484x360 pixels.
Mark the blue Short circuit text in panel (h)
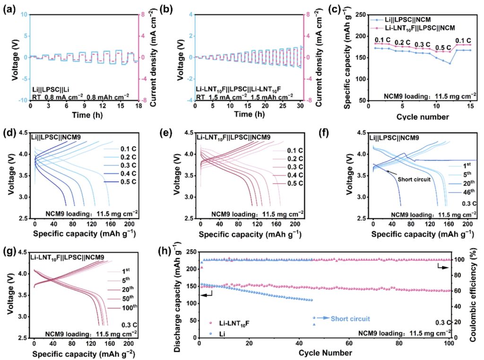click(350, 318)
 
